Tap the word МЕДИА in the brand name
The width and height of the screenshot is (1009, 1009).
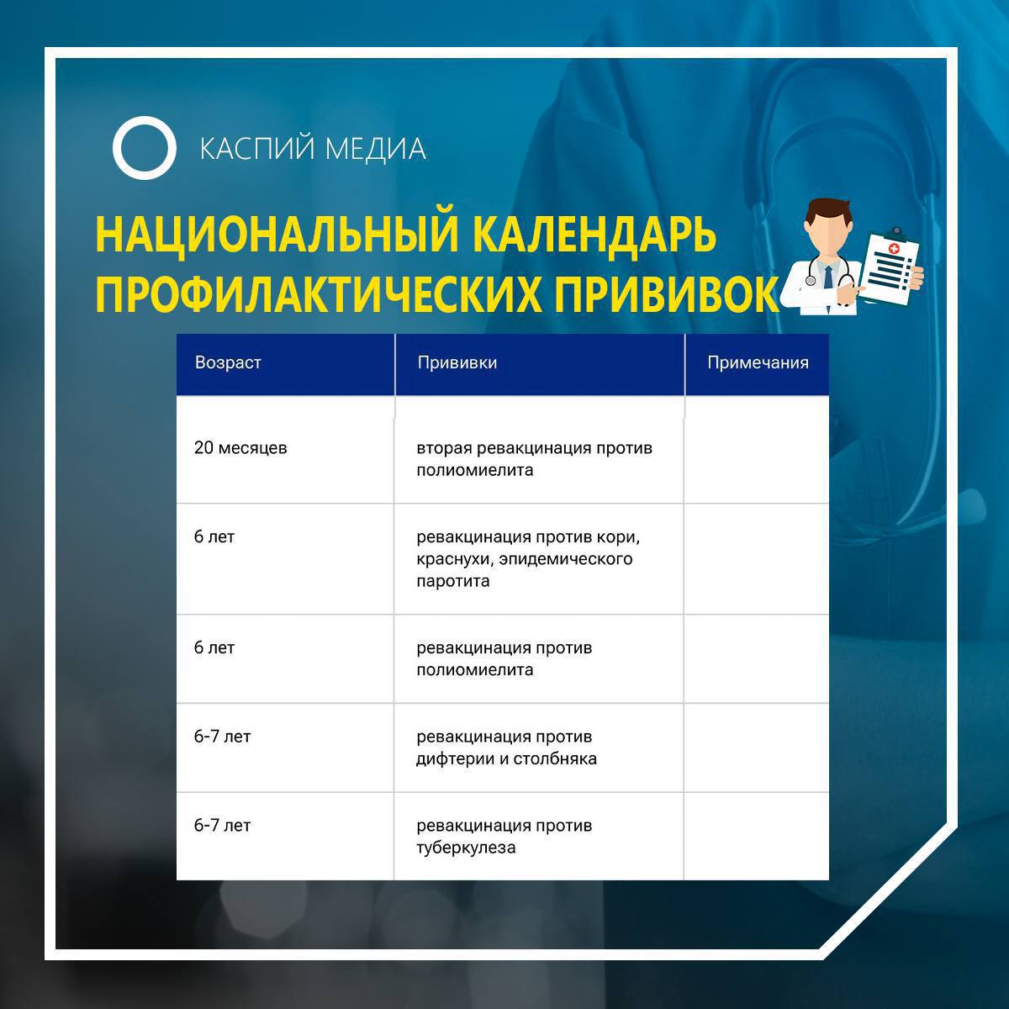tap(375, 149)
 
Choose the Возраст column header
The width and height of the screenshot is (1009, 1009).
tap(228, 362)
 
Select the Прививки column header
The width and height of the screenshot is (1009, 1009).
tap(457, 362)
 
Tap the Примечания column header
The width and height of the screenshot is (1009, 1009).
tap(758, 362)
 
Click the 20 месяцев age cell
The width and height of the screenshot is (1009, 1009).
tap(240, 447)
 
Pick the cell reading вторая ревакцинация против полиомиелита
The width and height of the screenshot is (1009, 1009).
tap(534, 459)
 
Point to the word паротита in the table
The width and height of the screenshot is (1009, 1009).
tap(453, 581)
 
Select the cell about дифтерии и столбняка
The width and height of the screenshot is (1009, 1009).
tap(506, 748)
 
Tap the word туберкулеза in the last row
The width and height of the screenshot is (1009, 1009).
tap(466, 848)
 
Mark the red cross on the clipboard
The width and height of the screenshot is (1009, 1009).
tap(894, 249)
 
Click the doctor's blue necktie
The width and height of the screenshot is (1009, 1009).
tap(828, 277)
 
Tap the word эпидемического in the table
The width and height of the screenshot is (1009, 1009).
tap(566, 559)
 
